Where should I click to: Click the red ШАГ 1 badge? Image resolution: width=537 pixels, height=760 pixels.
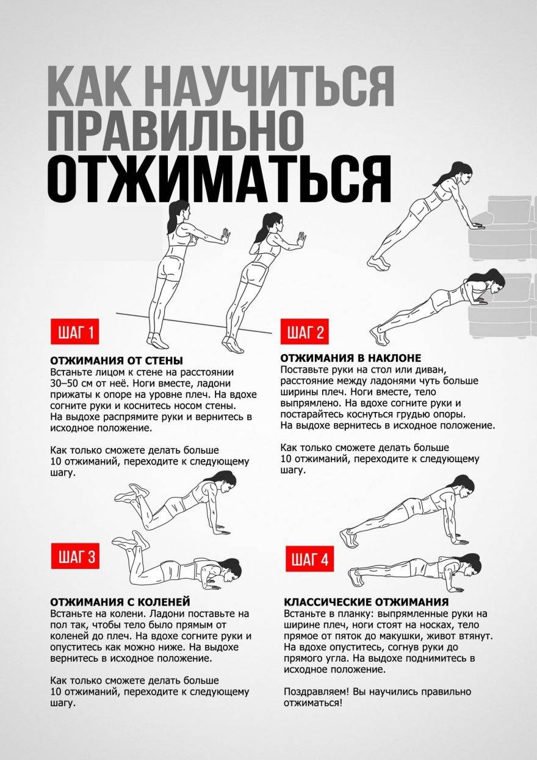[x=74, y=333]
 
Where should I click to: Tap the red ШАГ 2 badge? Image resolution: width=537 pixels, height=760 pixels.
[x=305, y=333]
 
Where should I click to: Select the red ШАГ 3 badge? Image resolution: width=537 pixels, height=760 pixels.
[x=75, y=557]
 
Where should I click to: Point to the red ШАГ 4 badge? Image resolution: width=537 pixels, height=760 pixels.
[x=309, y=559]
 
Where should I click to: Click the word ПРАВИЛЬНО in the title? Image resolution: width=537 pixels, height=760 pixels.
[x=175, y=131]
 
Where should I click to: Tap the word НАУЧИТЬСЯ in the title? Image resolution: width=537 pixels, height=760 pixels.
[x=269, y=86]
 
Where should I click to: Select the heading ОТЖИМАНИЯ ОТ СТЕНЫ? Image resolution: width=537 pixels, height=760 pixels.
[x=116, y=361]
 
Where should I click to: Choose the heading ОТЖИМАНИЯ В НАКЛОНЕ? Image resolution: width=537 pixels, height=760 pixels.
[x=350, y=358]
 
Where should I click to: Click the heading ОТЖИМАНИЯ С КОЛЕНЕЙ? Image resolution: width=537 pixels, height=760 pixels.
[x=120, y=602]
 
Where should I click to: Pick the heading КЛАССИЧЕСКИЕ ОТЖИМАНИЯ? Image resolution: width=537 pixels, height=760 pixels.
[x=366, y=602]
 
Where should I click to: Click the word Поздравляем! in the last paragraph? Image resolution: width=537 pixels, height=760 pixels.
[x=312, y=692]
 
